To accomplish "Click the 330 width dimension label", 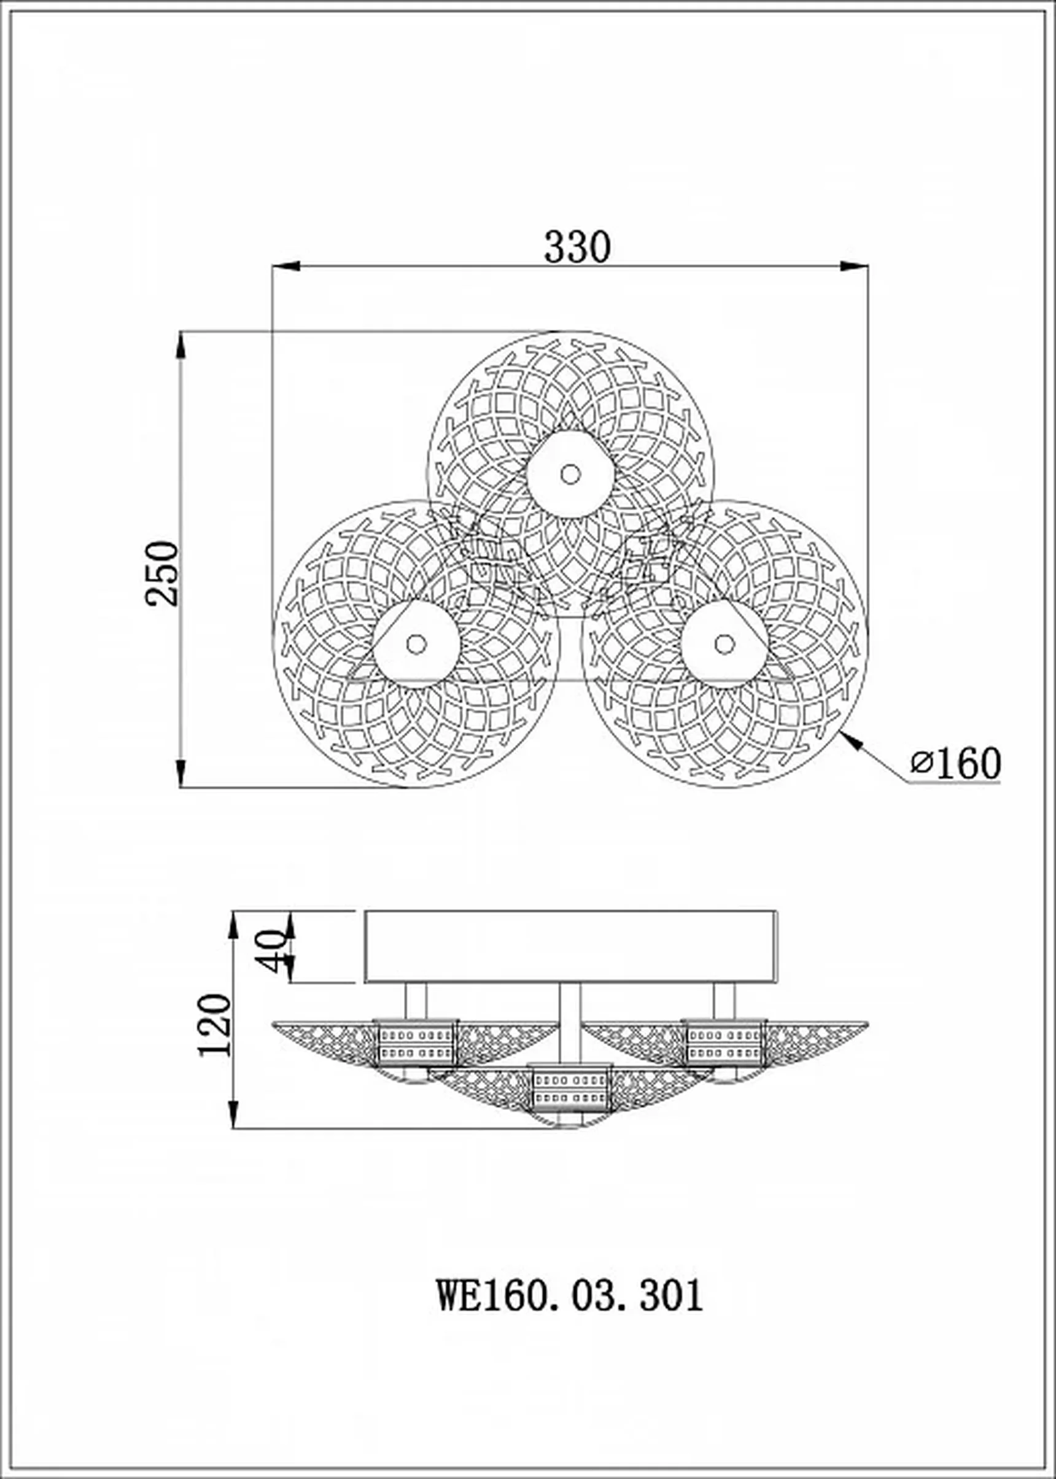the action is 577,247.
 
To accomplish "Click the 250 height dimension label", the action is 161,574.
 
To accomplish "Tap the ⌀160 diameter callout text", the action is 955,764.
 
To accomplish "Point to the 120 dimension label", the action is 215,1025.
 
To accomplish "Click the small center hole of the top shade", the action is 570,475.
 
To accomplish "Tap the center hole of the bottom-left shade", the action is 416,644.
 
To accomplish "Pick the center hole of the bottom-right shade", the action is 724,644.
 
